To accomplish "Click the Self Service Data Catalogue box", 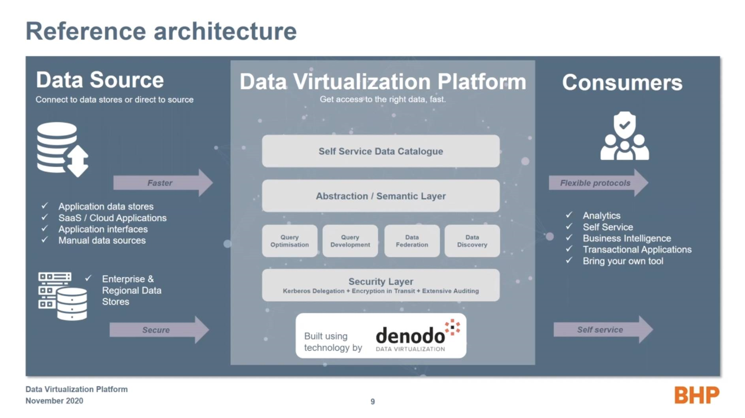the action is point(381,151).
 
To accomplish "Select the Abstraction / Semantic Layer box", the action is point(381,196).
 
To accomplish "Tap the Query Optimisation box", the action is point(290,241).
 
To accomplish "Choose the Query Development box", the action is point(350,241).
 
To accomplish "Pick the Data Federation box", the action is point(412,241).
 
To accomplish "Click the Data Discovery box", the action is point(472,241).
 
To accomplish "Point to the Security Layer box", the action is point(381,285).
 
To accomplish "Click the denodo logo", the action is point(417,335).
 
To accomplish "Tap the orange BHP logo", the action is point(697,395).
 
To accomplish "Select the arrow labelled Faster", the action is point(163,183).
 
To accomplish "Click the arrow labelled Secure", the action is point(159,330).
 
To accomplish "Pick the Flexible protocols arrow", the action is point(598,183).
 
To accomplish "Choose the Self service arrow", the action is point(603,330).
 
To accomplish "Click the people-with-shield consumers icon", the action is point(624,136).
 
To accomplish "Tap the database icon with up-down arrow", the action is point(62,149).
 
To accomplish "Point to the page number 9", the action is point(373,401).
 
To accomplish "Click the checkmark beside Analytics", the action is point(569,215).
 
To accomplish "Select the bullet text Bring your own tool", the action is point(623,261).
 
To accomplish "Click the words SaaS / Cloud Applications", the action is point(113,218).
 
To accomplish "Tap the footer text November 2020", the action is point(55,401).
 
